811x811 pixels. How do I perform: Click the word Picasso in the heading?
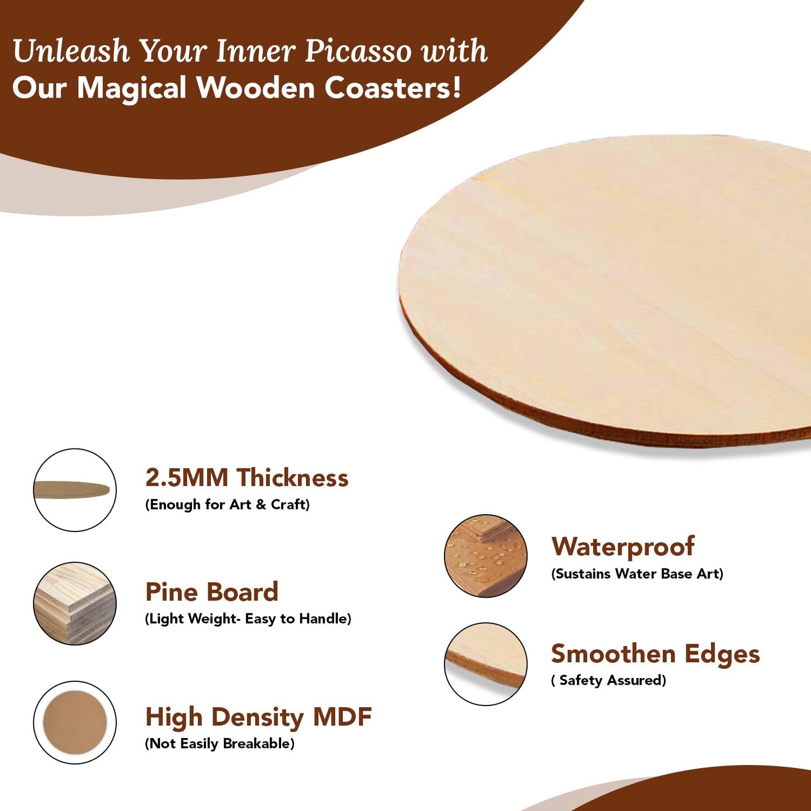coord(358,52)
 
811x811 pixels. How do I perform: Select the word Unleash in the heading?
coord(71,52)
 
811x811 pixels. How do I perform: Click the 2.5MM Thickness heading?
coord(246,478)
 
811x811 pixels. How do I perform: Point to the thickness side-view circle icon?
coord(75,490)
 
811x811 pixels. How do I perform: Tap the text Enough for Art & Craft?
coord(227,505)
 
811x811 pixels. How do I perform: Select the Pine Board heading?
coord(212,592)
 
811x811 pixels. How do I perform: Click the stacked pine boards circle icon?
coord(75,603)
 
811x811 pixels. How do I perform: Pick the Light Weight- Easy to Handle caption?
coord(248,618)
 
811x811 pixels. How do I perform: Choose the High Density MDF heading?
coord(258,717)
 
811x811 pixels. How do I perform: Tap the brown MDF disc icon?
coord(75,722)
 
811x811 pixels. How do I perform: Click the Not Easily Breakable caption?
coord(219,744)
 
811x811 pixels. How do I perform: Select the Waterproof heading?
coord(622,547)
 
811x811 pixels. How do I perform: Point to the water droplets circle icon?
coord(485,556)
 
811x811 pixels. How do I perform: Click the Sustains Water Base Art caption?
coord(637,574)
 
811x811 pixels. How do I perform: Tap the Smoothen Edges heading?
coord(655,654)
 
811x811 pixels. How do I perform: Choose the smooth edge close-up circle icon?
coord(485,664)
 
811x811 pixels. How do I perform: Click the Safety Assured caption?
coord(609,680)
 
